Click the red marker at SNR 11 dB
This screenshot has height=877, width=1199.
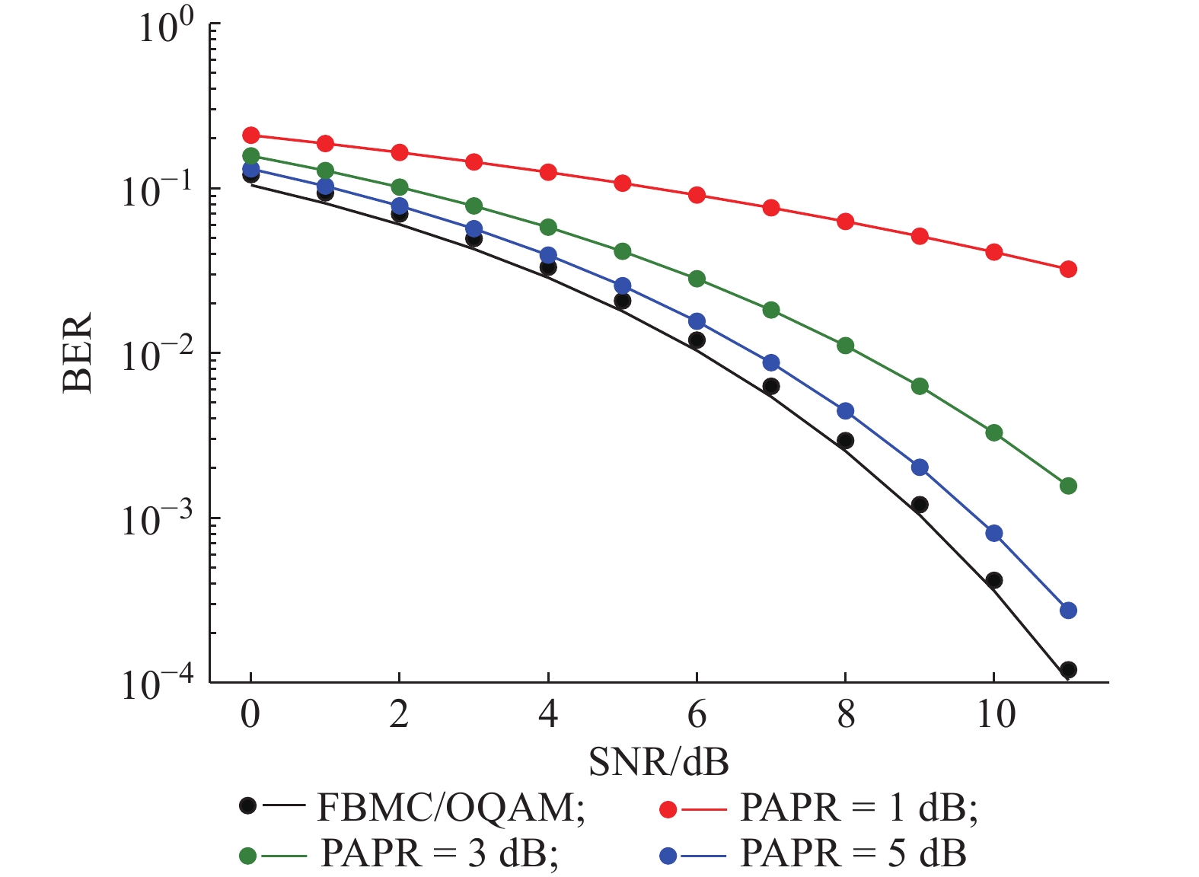click(1068, 269)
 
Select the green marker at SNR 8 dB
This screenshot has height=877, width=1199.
click(845, 345)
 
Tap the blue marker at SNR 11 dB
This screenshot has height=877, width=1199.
click(1068, 610)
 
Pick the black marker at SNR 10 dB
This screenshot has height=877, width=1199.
click(993, 580)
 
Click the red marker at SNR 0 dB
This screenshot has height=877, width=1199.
click(250, 135)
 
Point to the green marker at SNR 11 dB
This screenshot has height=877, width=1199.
click(1068, 486)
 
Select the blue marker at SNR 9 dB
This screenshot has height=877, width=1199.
click(920, 467)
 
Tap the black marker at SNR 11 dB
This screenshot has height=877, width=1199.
click(1068, 670)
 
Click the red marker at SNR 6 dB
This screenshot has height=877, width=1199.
click(697, 195)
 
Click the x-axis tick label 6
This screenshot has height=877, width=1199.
click(697, 715)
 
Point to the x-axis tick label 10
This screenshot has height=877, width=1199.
click(995, 715)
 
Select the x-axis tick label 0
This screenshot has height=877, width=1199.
click(250, 715)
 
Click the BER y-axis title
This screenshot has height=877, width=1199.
click(78, 352)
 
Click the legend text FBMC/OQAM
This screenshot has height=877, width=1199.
click(451, 808)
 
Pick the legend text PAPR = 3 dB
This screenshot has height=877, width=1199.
click(440, 853)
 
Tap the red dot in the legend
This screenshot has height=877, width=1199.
click(668, 808)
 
